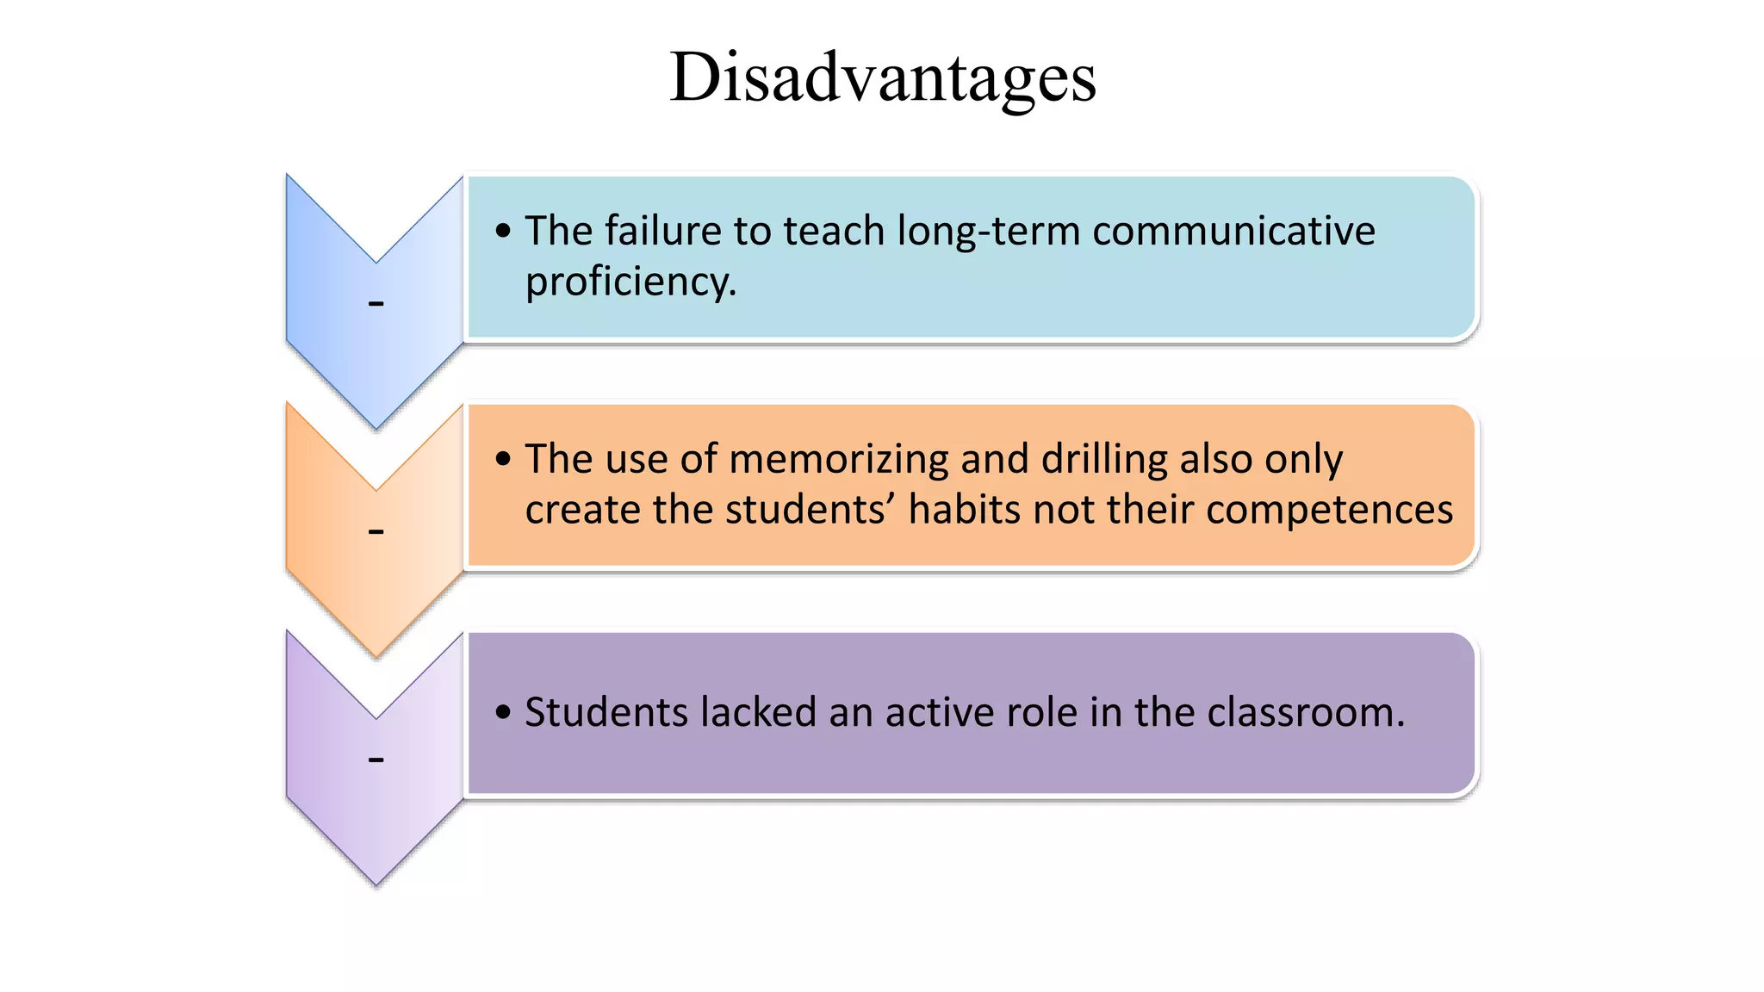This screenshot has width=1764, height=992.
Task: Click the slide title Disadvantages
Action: pos(883,77)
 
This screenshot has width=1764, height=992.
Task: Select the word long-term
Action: pos(988,231)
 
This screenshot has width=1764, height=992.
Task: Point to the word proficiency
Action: pos(630,282)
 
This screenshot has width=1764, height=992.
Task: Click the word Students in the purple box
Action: pos(606,713)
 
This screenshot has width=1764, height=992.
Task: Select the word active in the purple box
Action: pos(935,713)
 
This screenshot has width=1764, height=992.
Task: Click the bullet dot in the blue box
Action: pos(504,231)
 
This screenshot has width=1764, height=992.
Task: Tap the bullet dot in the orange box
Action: pos(504,459)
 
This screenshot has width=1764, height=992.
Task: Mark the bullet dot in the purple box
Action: pos(504,713)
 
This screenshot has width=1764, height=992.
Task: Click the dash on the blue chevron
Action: pos(376,303)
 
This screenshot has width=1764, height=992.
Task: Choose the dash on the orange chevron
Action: pos(376,531)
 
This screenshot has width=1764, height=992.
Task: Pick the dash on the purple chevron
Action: pos(376,759)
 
